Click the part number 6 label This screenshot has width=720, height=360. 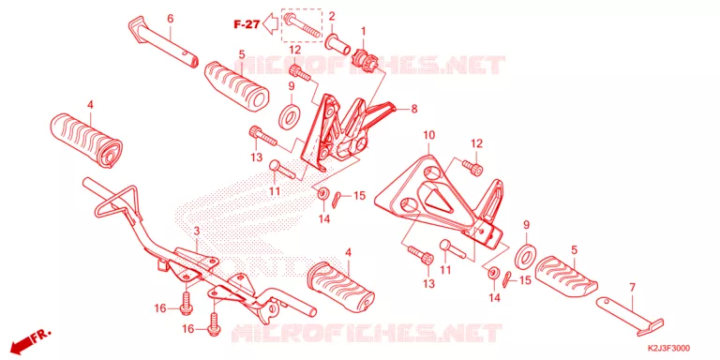click(171, 19)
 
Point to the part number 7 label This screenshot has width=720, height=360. click(632, 288)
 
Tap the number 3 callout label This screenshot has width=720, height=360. click(197, 231)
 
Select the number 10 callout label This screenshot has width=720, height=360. click(428, 135)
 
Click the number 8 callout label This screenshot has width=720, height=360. click(414, 110)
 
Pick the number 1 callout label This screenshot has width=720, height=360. click(363, 31)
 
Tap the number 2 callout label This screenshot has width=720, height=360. click(332, 16)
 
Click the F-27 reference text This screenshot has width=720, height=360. click(247, 24)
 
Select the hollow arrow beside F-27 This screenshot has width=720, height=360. click(271, 24)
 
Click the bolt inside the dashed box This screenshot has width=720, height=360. click(301, 26)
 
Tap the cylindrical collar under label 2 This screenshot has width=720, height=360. click(337, 44)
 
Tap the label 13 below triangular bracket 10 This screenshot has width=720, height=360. click(428, 284)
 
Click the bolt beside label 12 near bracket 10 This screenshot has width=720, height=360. click(472, 166)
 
